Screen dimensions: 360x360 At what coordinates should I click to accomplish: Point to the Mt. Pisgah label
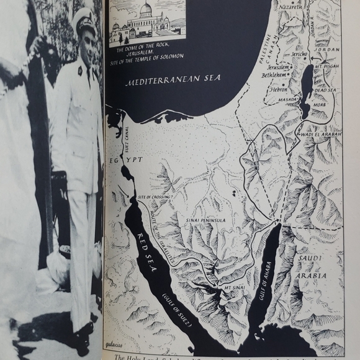click(x=327, y=65)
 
